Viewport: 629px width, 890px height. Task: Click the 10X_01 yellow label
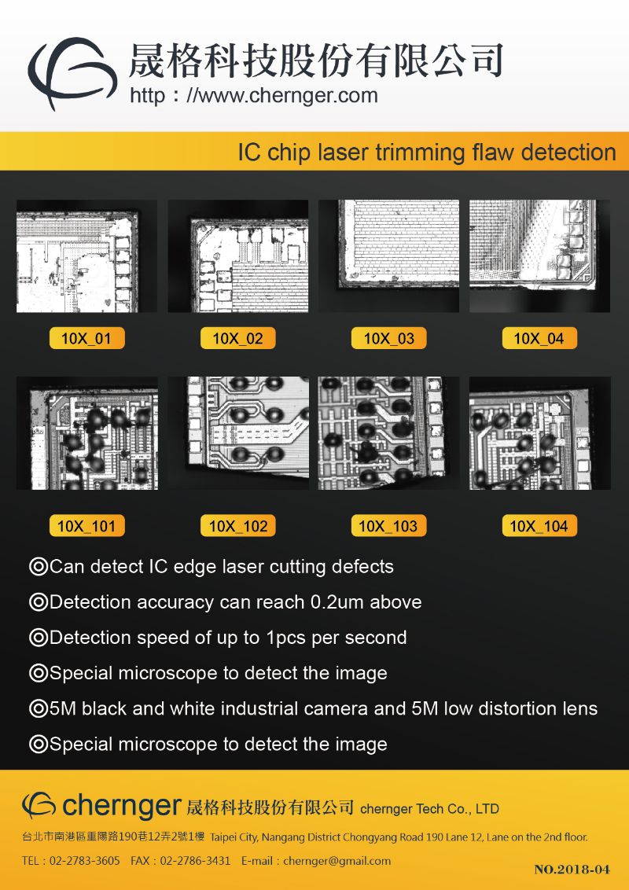click(x=86, y=338)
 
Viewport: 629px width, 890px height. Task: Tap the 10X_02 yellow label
click(x=238, y=338)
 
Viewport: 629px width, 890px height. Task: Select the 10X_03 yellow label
click(x=389, y=338)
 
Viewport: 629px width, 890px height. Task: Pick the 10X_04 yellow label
click(x=539, y=338)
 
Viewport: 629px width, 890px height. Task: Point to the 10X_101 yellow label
click(x=86, y=526)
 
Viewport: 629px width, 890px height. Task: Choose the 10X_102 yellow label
click(x=238, y=526)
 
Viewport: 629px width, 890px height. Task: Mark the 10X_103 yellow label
click(x=389, y=526)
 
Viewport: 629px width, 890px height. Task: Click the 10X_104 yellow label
click(x=539, y=526)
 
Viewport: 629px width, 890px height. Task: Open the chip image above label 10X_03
click(x=389, y=256)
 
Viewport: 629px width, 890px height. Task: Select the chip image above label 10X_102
click(x=238, y=433)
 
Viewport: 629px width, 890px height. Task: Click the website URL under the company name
click(x=254, y=95)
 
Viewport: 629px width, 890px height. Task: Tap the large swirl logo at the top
click(x=72, y=72)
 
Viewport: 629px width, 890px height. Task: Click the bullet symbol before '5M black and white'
click(x=38, y=709)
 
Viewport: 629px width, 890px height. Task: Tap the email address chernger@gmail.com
click(x=337, y=861)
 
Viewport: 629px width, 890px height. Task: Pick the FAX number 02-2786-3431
click(x=195, y=860)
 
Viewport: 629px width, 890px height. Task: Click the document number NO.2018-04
click(x=572, y=870)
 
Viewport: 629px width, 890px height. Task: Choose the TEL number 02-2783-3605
click(x=85, y=860)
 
